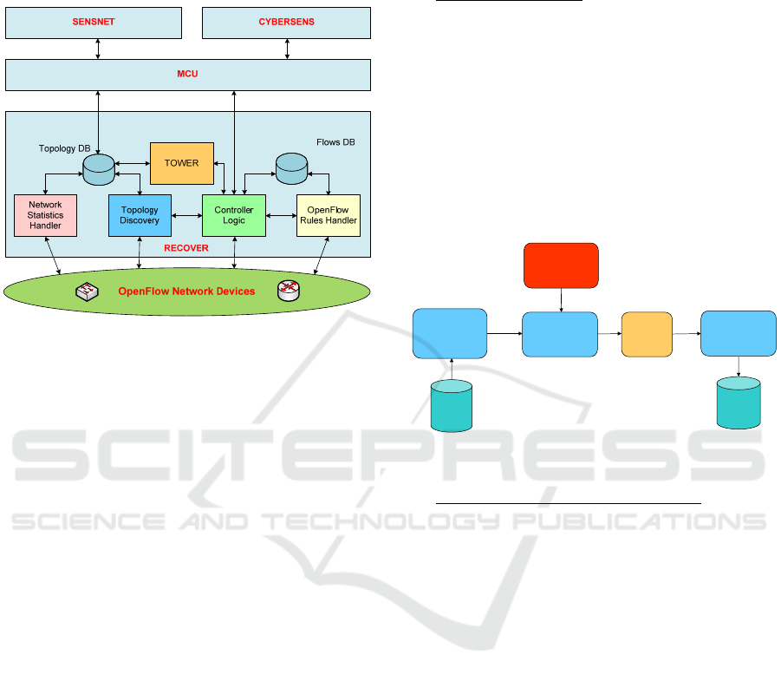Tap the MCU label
[x=188, y=74]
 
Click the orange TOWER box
[x=181, y=163]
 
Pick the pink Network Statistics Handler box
[x=45, y=215]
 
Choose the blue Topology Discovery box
[x=140, y=215]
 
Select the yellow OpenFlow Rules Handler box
[x=328, y=215]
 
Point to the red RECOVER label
[x=186, y=248]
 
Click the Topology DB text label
[x=65, y=148]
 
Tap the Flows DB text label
[x=335, y=141]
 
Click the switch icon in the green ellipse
[x=87, y=291]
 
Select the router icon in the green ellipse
[x=288, y=291]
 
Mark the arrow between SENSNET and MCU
[x=98, y=49]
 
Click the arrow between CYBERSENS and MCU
[x=286, y=49]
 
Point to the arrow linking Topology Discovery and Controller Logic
[x=186, y=215]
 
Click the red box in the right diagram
[x=561, y=265]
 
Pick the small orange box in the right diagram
[x=647, y=334]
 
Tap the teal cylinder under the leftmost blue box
[x=451, y=405]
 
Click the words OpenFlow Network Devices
[x=186, y=291]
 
